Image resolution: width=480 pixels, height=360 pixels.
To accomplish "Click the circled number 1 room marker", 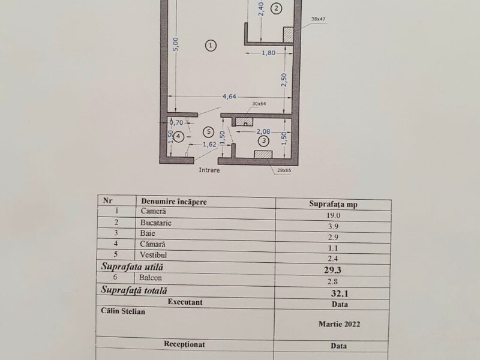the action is coord(211,46).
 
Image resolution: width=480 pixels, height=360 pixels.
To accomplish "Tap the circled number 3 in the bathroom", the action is coord(264,141).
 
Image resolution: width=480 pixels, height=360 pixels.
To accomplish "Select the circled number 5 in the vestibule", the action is coord(209,132).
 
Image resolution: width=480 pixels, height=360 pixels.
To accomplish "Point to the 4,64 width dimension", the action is coord(229,97).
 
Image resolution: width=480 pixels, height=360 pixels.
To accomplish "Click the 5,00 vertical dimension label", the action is coord(176,44).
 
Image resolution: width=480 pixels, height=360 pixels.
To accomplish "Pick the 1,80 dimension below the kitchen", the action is coord(268,53).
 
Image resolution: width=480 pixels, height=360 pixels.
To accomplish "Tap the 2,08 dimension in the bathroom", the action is coord(263,131).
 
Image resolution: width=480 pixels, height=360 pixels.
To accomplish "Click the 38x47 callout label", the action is coord(318,19).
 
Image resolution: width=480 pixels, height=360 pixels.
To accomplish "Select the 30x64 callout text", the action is coord(259,104).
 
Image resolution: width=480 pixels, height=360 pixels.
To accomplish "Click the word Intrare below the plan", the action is coord(209,170).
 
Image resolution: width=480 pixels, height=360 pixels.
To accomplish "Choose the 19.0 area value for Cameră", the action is coord(333,215).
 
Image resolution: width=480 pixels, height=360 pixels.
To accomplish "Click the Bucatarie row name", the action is coord(156,223).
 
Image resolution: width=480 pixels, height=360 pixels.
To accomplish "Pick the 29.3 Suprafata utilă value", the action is coord(332,269).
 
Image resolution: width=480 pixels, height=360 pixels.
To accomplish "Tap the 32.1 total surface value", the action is coord(340,293).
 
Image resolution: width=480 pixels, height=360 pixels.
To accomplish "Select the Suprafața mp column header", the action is coord(333,204).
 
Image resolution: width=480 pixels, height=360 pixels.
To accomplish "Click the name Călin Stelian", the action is coord(123,311).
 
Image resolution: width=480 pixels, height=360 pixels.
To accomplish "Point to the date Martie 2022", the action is coord(339,324).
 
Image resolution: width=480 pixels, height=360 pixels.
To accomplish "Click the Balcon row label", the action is coord(151,278).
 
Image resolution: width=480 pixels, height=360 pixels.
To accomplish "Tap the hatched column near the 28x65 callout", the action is coord(263,154).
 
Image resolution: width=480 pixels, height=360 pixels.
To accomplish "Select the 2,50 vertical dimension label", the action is coord(284,80).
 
